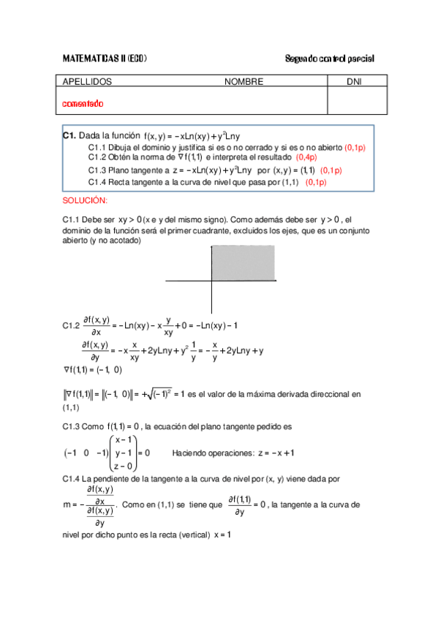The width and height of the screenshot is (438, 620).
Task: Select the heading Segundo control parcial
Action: click(329, 58)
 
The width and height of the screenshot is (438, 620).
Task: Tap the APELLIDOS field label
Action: click(88, 82)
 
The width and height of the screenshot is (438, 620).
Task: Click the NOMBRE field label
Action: click(243, 82)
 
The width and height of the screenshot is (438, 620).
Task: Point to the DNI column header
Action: click(354, 82)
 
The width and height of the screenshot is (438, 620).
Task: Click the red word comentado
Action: click(83, 104)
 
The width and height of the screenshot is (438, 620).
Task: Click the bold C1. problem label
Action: click(69, 136)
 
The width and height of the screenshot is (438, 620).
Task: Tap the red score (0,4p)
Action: click(306, 157)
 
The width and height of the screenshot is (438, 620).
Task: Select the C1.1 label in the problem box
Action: click(97, 147)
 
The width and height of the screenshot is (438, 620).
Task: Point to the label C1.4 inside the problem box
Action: click(97, 181)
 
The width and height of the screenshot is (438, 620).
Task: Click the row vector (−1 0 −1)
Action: click(81, 453)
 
